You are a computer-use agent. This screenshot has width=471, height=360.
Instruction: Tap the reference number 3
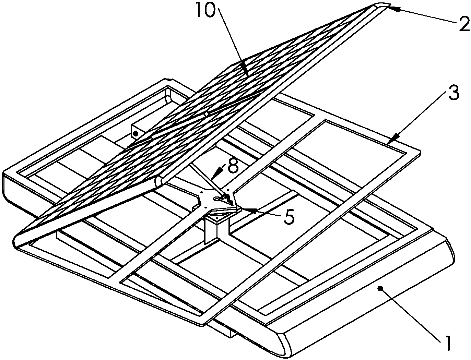click(x=453, y=93)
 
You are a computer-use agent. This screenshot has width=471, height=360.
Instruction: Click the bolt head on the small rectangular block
click(x=135, y=134)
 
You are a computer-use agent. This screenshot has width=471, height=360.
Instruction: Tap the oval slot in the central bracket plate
click(x=216, y=199)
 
